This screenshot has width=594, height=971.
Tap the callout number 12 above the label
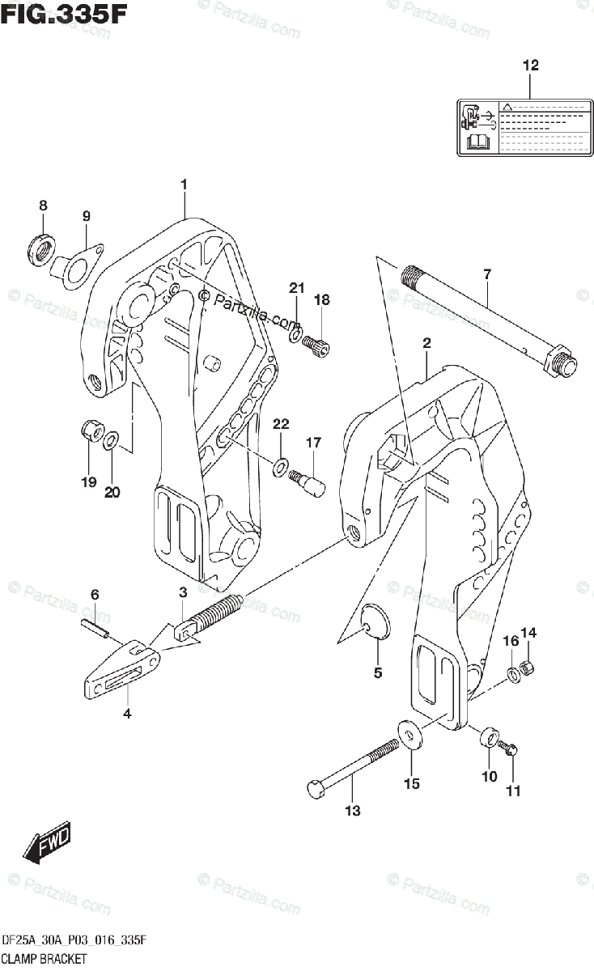530,66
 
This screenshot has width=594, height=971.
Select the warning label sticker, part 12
526,127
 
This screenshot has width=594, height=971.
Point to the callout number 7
487,275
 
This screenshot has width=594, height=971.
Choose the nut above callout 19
91,431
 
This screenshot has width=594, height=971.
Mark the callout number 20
112,491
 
